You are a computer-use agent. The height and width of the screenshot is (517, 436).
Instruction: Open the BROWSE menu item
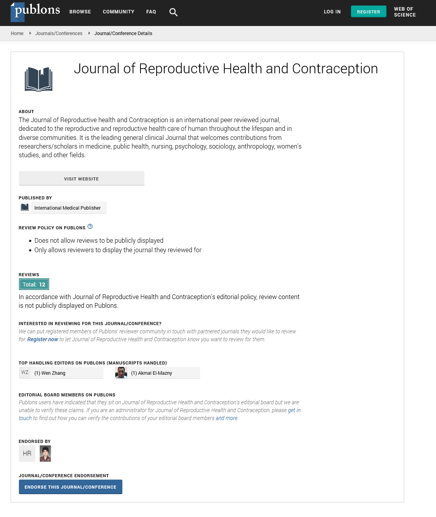coord(80,12)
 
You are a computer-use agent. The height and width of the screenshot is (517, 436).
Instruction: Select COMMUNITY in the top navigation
coord(118,12)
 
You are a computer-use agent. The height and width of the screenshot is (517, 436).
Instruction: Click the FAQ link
coord(151,12)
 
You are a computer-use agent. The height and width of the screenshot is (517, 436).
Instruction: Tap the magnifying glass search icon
coord(174,12)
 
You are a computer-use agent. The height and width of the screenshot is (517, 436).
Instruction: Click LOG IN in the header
coord(332,12)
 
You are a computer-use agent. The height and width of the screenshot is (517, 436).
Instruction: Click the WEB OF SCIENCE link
coord(405,12)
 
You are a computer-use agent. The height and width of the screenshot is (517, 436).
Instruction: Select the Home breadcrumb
coord(17,33)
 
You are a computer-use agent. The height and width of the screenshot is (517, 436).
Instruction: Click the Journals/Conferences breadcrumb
coord(59,33)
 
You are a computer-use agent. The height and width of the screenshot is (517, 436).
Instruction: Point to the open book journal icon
coord(39,80)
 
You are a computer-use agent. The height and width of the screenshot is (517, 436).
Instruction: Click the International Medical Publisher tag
coord(63,208)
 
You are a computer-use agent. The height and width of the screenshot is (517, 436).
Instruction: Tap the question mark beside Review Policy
coord(90,227)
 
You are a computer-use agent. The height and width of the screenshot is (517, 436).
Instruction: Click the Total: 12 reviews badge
coord(34,284)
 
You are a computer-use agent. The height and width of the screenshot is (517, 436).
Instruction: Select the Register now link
coord(42,339)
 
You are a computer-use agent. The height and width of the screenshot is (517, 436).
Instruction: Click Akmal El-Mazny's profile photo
coord(121,372)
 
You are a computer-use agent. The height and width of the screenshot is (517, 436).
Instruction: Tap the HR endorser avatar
coord(27,454)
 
